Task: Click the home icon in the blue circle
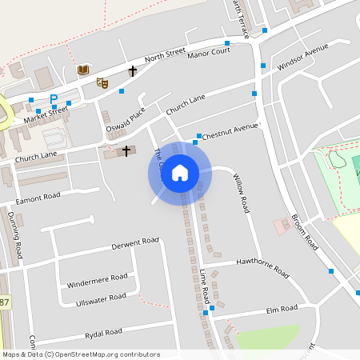tap(180, 173)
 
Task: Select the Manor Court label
tap(208, 51)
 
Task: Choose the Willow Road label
tap(241, 193)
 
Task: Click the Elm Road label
tap(282, 308)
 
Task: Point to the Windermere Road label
tap(97, 280)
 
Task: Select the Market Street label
tap(46, 117)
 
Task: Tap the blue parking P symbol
tap(54, 99)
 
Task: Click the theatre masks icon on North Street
tap(102, 82)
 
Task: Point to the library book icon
tap(82, 70)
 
